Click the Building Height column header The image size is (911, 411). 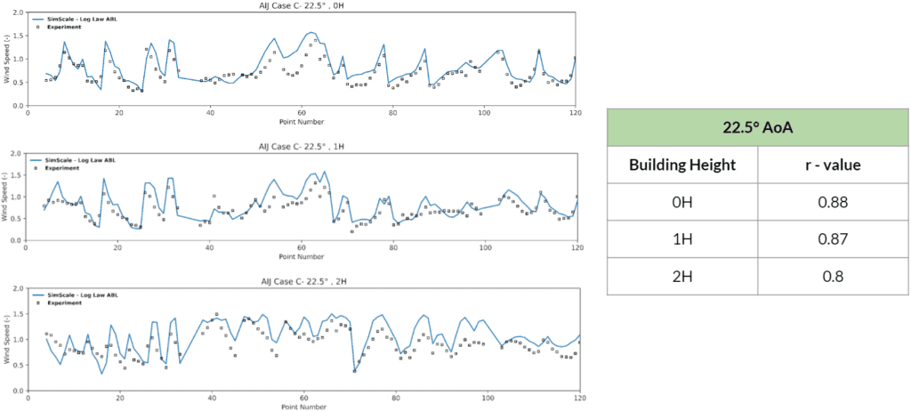[682, 165]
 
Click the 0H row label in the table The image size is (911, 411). [682, 202]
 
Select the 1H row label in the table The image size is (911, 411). [682, 238]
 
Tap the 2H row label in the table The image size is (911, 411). [682, 275]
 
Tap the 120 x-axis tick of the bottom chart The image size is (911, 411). [579, 399]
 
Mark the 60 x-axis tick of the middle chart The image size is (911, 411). [303, 248]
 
